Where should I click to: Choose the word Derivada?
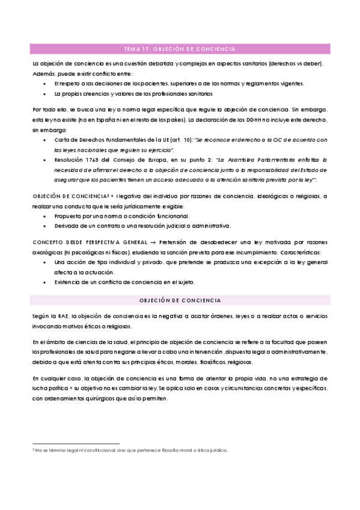point(66,226)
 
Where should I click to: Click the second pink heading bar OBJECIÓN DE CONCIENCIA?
point(180,300)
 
